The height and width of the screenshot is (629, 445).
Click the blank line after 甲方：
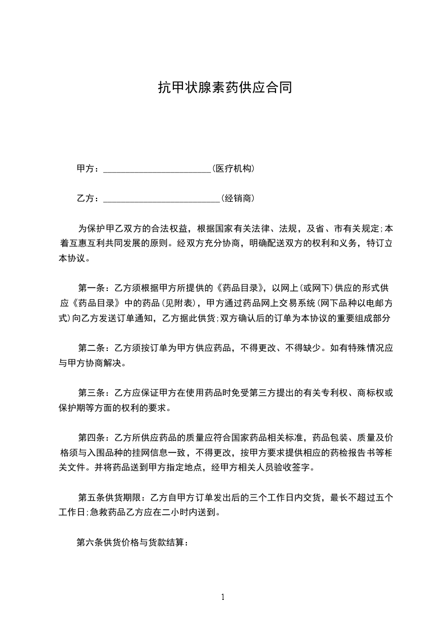157,169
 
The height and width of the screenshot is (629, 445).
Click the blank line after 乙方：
162,198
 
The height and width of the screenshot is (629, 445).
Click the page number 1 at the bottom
223,597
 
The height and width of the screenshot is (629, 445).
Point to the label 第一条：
95,289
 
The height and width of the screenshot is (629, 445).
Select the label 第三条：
95,393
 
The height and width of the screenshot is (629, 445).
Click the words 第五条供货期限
109,497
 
